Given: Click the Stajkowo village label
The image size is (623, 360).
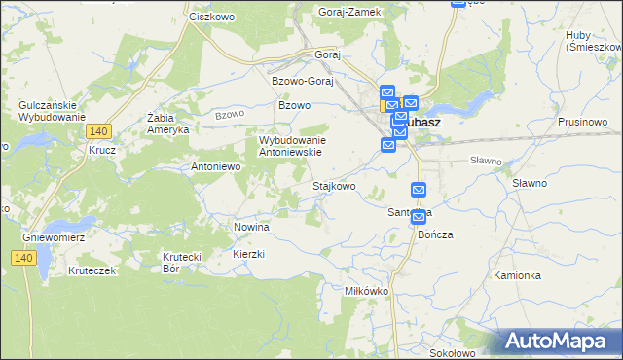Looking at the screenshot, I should click(x=333, y=185).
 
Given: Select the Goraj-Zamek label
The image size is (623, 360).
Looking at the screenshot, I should click(x=349, y=12).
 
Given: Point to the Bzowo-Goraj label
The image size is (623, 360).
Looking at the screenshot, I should click(x=303, y=81).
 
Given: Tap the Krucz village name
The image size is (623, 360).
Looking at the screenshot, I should click(x=101, y=151).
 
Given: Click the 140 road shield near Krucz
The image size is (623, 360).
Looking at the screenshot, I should click(x=98, y=130).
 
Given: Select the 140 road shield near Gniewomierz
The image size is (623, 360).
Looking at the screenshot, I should click(x=25, y=257).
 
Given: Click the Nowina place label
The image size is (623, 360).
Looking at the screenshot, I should click(x=251, y=227).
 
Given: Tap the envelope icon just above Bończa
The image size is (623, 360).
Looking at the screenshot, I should click(x=419, y=216).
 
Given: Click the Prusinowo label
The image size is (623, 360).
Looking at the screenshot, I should click(x=583, y=122).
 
